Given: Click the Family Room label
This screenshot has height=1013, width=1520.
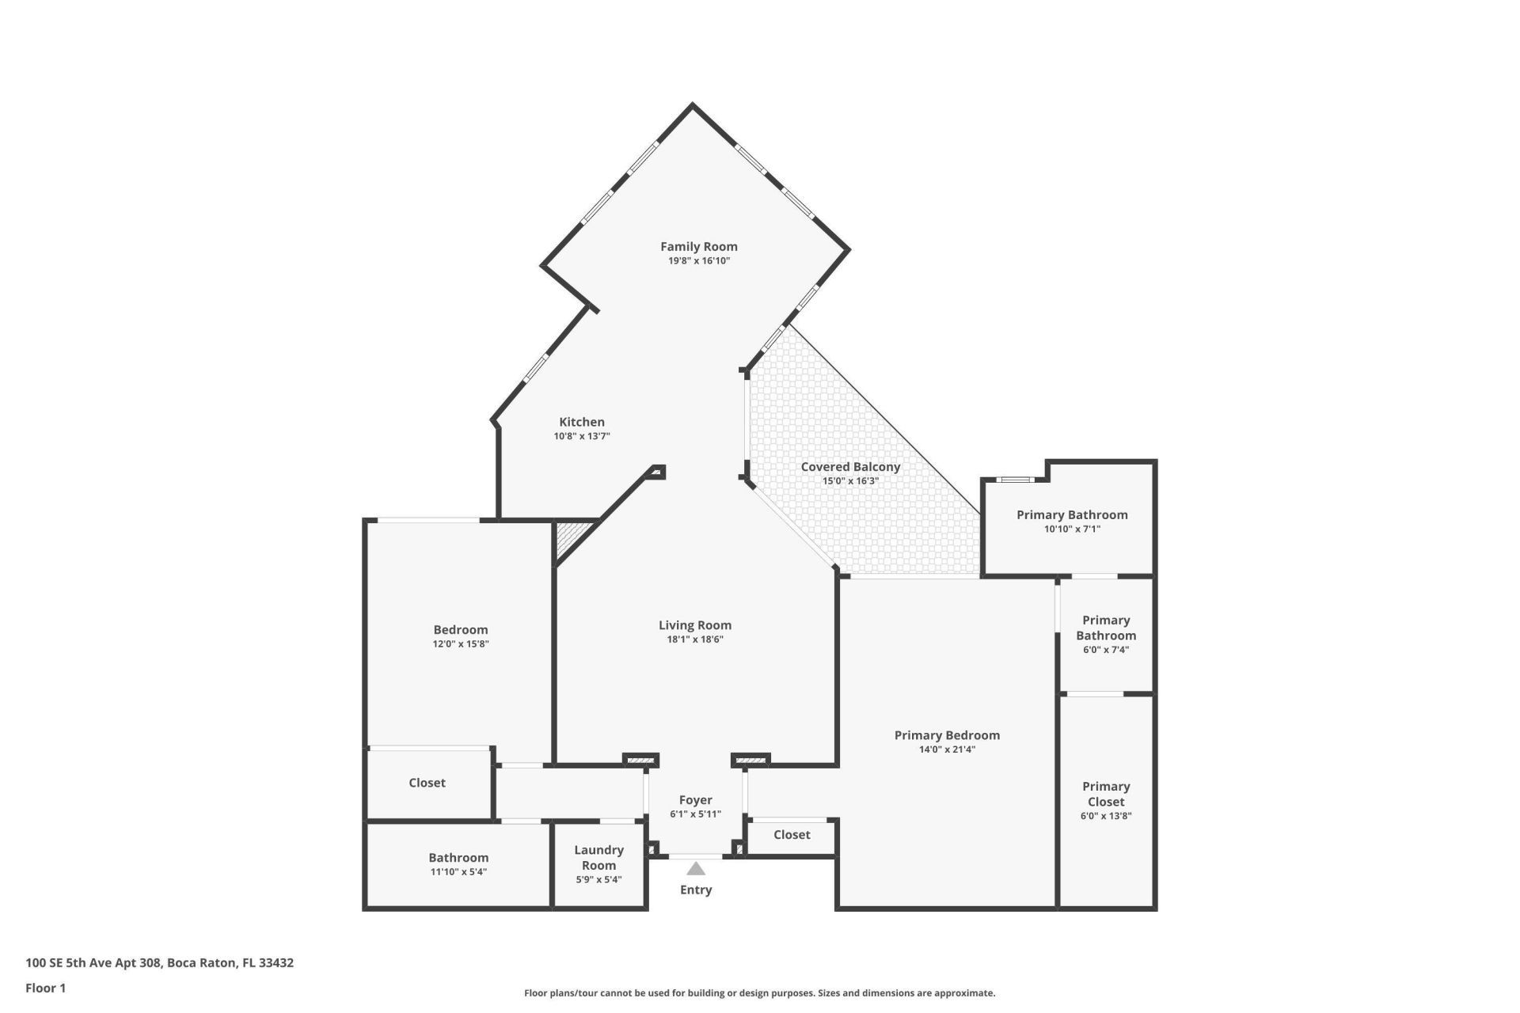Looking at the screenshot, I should coord(698,246).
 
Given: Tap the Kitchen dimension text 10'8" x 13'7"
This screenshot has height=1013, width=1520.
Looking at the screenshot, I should coord(581,436).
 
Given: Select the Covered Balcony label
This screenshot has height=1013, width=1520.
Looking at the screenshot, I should coord(850,467).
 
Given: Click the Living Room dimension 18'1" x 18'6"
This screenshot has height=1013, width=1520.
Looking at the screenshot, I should coord(694,639).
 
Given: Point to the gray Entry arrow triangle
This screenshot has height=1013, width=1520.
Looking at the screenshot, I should coord(695,868).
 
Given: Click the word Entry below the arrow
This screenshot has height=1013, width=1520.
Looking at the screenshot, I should coord(695,890).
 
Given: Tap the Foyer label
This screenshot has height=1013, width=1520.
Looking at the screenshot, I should coord(695,800).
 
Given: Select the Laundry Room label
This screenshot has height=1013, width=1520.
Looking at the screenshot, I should coord(598,857).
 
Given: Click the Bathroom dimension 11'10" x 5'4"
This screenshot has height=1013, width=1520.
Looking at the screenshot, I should coord(458,872).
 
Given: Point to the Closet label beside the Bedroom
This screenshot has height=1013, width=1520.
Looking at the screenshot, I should coord(427,783).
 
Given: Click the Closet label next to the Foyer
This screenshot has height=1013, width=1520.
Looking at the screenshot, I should coord(791,835).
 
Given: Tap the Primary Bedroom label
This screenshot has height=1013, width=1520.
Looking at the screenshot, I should coord(947,735).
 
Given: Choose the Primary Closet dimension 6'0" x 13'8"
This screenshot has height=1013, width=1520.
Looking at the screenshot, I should coord(1105,816).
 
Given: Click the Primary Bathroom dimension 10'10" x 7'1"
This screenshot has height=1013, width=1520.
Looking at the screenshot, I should coord(1072,529).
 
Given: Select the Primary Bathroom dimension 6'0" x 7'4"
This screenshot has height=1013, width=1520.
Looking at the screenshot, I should coord(1105,650).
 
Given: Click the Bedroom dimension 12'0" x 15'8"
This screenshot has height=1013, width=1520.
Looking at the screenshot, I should coord(460,644).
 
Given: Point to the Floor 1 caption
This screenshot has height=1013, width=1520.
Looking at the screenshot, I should coord(45,988).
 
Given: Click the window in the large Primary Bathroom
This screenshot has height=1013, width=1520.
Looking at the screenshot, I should coord(1014,479).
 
